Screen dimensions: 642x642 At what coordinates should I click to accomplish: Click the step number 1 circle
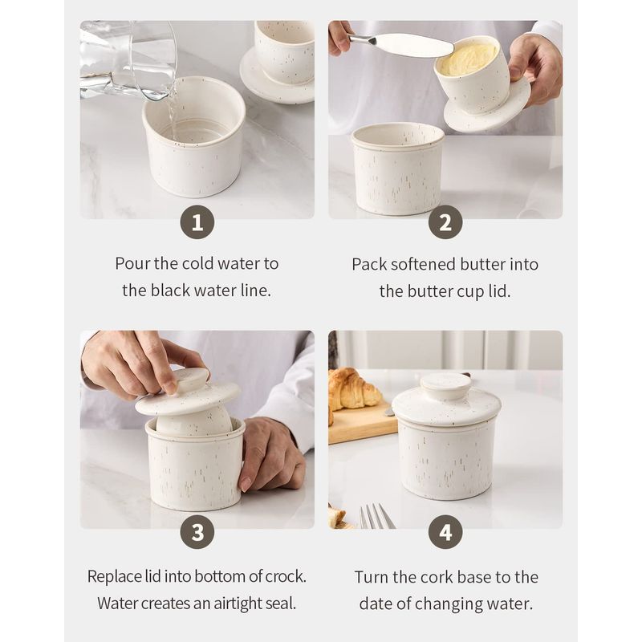click(197, 222)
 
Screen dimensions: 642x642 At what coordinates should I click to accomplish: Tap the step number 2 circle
click(445, 222)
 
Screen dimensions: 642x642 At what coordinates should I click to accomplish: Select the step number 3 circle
click(197, 532)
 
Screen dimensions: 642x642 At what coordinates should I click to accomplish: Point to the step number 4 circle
click(445, 532)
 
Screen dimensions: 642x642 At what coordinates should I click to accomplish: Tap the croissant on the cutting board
click(353, 389)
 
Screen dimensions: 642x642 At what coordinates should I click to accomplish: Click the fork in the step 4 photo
click(376, 516)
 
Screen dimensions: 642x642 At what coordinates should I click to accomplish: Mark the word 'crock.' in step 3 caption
click(286, 576)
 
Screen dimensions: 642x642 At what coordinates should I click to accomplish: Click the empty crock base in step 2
click(398, 169)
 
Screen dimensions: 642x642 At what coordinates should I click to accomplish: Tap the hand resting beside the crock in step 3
click(271, 453)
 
